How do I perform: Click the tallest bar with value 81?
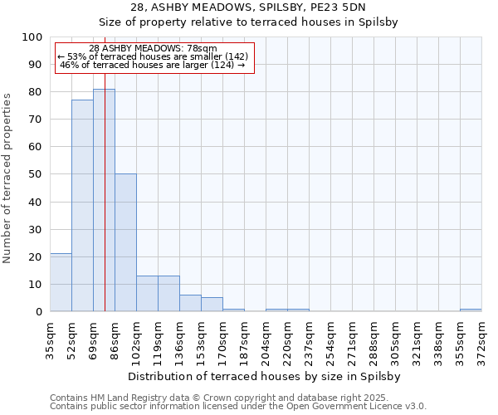[x=104, y=200]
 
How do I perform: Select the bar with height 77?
[x=82, y=206]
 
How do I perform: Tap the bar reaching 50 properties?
[x=125, y=242]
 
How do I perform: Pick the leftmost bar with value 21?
[x=61, y=282]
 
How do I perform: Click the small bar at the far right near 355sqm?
[x=471, y=310]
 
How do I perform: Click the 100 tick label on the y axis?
[x=32, y=37]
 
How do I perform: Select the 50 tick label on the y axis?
[x=36, y=174]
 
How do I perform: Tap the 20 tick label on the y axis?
[x=36, y=256]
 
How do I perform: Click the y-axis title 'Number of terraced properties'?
[x=8, y=178]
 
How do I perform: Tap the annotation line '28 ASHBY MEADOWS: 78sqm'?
[x=153, y=48]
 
